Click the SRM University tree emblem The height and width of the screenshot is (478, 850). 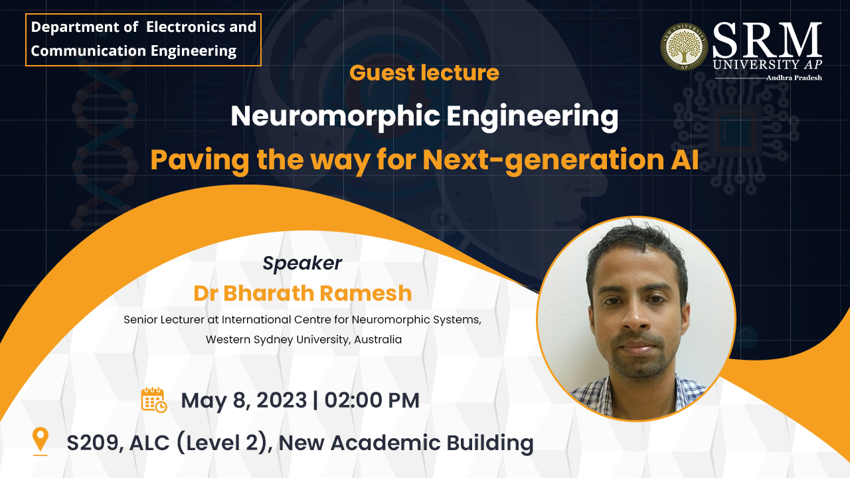pos(684,46)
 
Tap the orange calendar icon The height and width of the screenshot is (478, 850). pos(153,400)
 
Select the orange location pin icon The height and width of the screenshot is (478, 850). pos(41,441)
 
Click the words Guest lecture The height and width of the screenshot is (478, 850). pos(424,73)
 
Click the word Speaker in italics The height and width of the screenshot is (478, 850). pos(302,263)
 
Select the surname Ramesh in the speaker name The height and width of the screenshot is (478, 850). pos(365,293)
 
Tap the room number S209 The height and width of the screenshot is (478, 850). pos(95,443)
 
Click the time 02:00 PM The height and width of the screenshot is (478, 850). pos(372,400)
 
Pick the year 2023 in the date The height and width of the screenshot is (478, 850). pos(282,400)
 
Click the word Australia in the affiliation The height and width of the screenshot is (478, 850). pos(378,339)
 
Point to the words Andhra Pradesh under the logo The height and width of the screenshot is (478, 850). pos(794,78)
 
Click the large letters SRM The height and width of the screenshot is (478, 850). pos(767,40)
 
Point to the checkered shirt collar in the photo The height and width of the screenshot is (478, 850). pos(637,391)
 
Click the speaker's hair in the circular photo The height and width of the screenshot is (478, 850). pos(637,246)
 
